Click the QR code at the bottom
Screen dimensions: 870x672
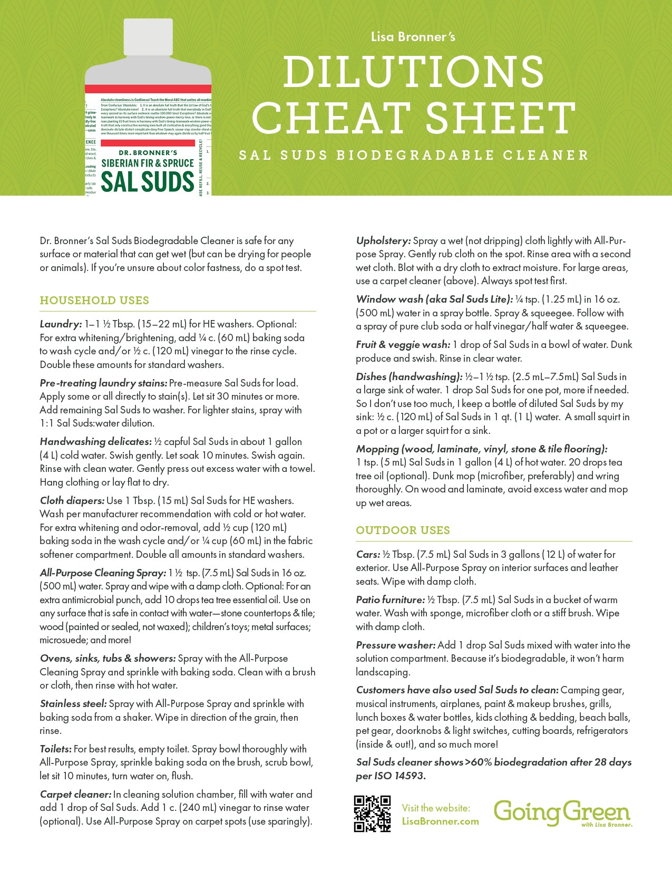pos(372,814)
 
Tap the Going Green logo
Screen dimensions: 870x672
pos(562,813)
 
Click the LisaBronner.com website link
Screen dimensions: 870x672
pos(440,821)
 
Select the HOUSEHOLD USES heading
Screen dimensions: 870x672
pos(94,301)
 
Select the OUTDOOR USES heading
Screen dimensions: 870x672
pos(403,530)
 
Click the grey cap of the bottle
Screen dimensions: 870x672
pos(148,37)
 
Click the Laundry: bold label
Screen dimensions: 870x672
pos(61,324)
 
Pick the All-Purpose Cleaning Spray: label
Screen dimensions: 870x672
pos(103,573)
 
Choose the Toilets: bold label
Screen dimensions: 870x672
pos(55,749)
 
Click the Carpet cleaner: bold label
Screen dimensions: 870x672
pos(75,795)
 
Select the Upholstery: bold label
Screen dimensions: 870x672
pos(383,241)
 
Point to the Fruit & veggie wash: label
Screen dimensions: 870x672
pos(403,345)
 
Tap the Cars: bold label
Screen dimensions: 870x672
pos(368,555)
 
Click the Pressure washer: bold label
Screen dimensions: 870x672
pos(395,645)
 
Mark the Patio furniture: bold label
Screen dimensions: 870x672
pos(390,600)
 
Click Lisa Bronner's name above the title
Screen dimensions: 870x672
pos(413,37)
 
